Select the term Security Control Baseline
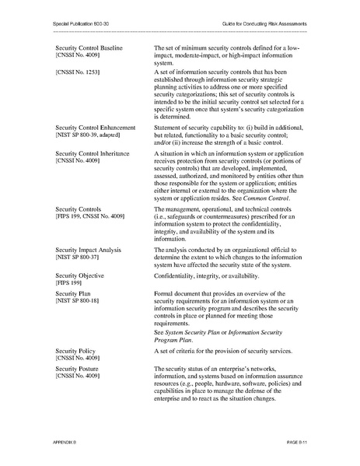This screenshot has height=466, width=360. [94, 48]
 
